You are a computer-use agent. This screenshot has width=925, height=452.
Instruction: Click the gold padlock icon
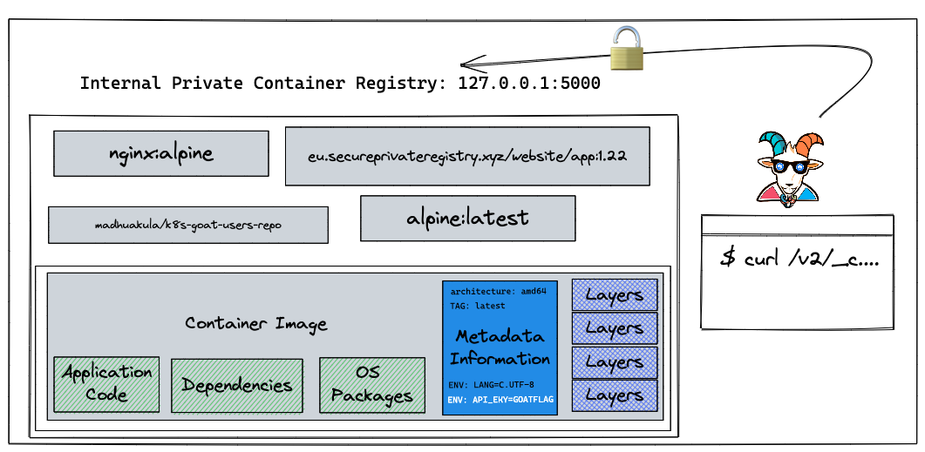pos(627,50)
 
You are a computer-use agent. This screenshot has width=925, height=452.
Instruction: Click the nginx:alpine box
pos(161,153)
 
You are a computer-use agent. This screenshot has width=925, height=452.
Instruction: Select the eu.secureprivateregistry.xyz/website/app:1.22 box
pos(467,156)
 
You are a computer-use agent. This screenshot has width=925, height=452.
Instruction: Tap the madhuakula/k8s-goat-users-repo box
pos(188,225)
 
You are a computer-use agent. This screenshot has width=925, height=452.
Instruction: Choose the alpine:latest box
pos(468,219)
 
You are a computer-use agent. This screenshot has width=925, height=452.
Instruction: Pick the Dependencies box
pos(237,386)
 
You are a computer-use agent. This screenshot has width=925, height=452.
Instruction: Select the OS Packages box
pos(372,385)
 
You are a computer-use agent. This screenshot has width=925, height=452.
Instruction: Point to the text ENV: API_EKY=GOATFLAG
pos(500,400)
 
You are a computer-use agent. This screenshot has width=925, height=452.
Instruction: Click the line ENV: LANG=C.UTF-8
pos(492,385)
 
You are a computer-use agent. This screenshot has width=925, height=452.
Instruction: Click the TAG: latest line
pos(478,306)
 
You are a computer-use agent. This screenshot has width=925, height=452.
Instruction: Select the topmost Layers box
pos(615,294)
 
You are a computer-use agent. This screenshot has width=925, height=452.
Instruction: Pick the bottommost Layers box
pos(615,395)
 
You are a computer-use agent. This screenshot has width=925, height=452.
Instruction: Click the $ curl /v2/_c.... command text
pos(799,259)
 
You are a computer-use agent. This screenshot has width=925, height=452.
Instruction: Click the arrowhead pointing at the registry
pos(472,64)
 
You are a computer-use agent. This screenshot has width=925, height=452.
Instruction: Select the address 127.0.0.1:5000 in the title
pos(529,83)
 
